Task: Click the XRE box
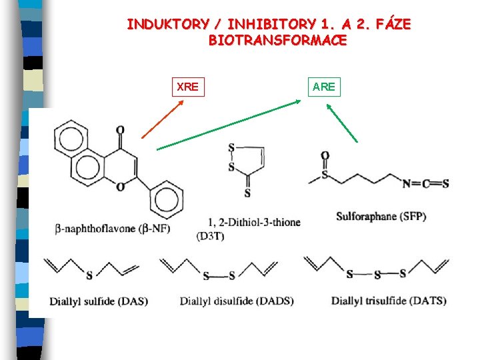[189, 87]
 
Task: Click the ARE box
[324, 87]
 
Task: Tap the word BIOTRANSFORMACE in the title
[277, 40]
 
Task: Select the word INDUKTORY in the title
[167, 25]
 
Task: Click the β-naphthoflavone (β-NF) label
[112, 229]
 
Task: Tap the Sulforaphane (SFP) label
[381, 217]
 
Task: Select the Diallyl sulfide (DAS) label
[98, 301]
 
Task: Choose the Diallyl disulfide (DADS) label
[236, 301]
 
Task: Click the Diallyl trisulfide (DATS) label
[389, 301]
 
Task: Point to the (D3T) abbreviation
[211, 236]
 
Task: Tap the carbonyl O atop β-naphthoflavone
[120, 129]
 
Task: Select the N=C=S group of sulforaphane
[425, 183]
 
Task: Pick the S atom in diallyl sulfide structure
[89, 273]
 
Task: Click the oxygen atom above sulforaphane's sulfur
[325, 155]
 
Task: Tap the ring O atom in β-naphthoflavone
[120, 187]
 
